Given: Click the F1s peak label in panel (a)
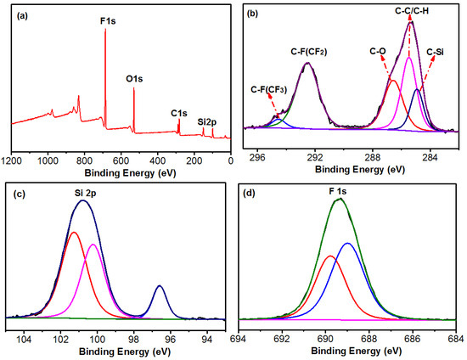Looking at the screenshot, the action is pyautogui.click(x=108, y=21).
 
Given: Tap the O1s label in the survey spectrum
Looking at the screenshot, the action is pyautogui.click(x=134, y=79).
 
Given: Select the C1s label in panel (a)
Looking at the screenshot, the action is pyautogui.click(x=179, y=113).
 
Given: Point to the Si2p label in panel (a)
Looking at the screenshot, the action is pyautogui.click(x=207, y=122).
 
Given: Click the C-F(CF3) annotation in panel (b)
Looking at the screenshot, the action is pyautogui.click(x=269, y=90).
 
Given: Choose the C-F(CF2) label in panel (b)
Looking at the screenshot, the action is pyautogui.click(x=309, y=52).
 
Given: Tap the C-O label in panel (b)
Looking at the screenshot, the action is pyautogui.click(x=378, y=51).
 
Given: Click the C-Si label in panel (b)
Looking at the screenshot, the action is pyautogui.click(x=435, y=52).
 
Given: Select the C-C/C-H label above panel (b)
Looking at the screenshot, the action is pyautogui.click(x=412, y=11).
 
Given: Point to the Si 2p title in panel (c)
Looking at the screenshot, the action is pyautogui.click(x=85, y=194).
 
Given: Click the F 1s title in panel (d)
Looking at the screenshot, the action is pyautogui.click(x=338, y=192).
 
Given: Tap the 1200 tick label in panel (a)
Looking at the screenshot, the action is pyautogui.click(x=12, y=161).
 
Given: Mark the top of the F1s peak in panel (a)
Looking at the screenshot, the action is pyautogui.click(x=105, y=29).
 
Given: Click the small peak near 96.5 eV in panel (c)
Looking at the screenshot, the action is pyautogui.click(x=160, y=286).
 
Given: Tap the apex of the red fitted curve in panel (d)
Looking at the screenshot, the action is pyautogui.click(x=330, y=256).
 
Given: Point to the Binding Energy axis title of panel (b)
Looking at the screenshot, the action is pyautogui.click(x=360, y=170).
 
